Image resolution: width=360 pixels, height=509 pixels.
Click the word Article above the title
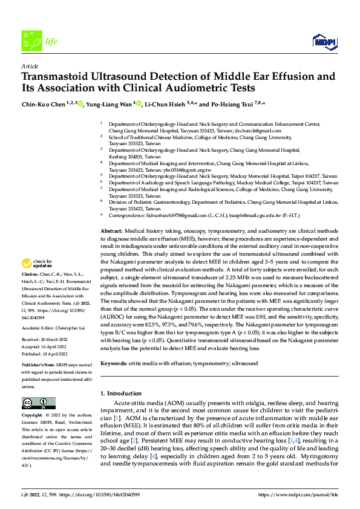(30, 65)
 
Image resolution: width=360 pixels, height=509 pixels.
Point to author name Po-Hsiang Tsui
(235, 104)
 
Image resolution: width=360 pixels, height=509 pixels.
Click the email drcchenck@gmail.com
(259, 130)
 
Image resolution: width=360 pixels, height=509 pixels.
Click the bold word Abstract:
(111, 232)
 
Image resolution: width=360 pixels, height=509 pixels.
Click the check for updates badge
(36, 264)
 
